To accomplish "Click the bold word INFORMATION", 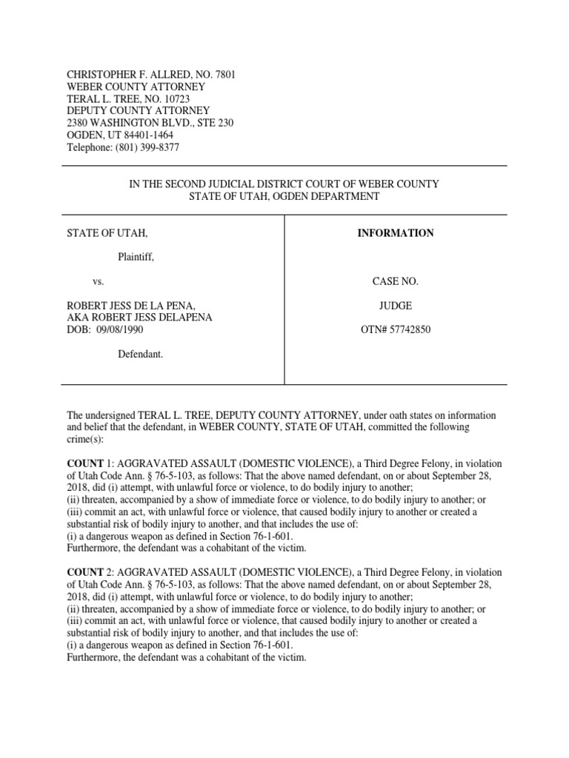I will tap(396, 233).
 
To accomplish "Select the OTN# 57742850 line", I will tap(396, 329).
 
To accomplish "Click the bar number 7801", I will tap(224, 76).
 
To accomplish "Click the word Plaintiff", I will tap(136, 257).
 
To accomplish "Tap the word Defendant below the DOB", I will tap(141, 355).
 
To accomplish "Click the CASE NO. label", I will tap(396, 282).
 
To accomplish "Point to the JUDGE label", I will tap(396, 305).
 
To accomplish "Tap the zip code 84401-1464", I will tap(148, 135).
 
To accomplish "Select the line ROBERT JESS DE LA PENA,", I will tap(131, 306).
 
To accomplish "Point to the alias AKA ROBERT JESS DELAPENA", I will tap(139, 318).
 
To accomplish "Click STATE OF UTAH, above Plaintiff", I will tap(107, 233).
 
